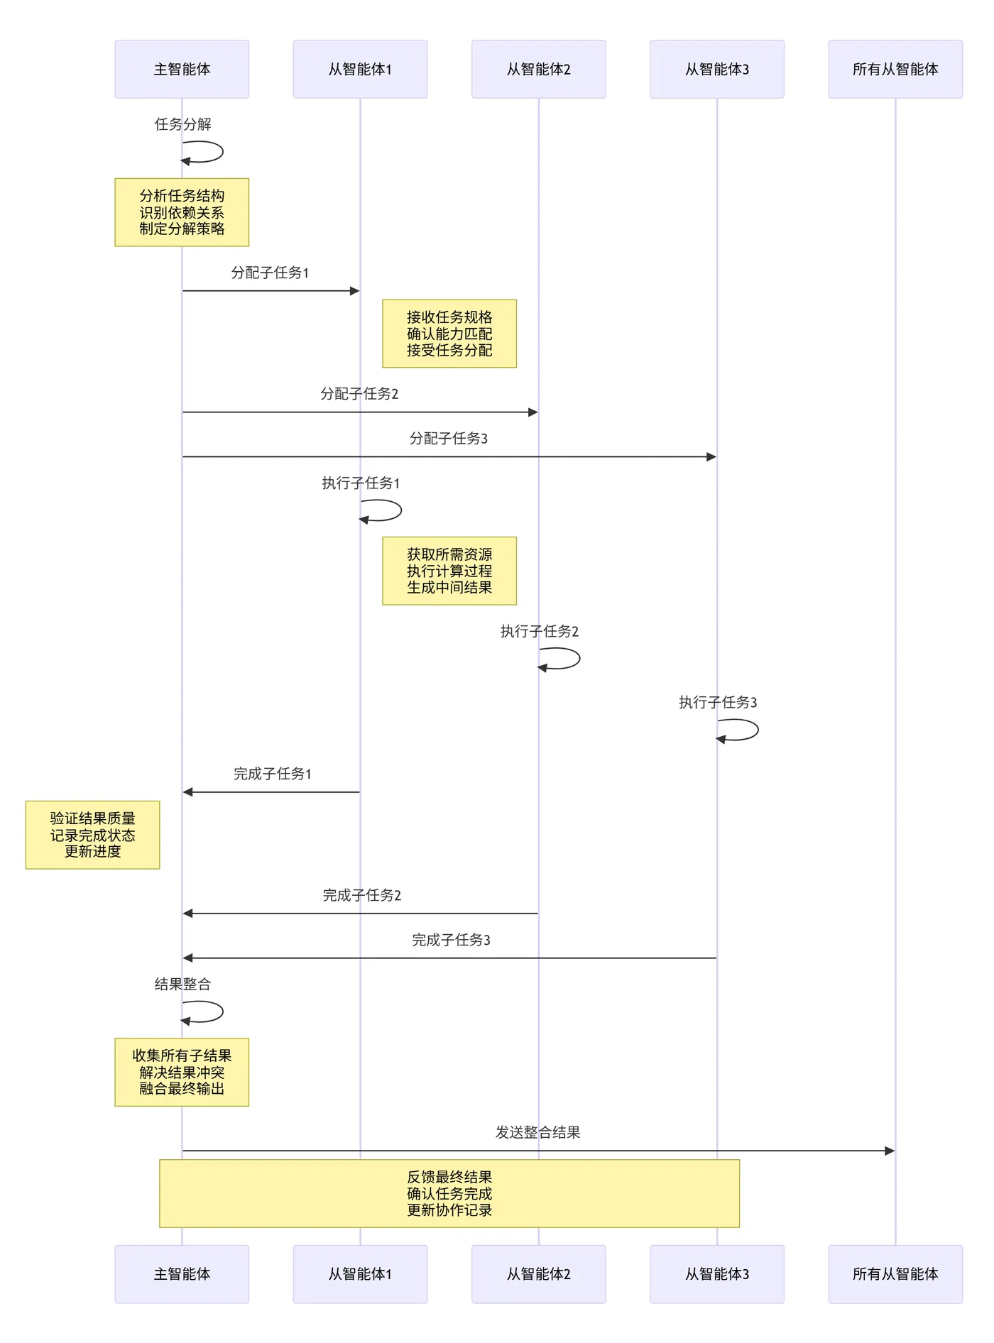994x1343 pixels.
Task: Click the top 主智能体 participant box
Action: (182, 69)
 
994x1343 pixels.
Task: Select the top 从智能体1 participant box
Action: (360, 69)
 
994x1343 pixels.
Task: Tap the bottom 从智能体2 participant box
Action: (538, 1273)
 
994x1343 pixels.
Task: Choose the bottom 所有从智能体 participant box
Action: (895, 1273)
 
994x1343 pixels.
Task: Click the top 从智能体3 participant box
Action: (716, 69)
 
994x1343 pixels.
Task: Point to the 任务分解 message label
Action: (182, 124)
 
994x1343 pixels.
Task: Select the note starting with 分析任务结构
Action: (182, 212)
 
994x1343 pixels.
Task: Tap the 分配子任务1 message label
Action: (270, 273)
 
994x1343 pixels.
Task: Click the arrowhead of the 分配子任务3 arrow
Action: (711, 457)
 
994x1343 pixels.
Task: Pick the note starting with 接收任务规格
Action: (449, 334)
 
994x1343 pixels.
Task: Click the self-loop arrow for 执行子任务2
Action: (569, 659)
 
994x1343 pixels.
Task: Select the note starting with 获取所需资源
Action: (449, 571)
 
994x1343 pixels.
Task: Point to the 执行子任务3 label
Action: (717, 702)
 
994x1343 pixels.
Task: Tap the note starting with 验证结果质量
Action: (92, 835)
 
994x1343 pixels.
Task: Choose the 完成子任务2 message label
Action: (361, 895)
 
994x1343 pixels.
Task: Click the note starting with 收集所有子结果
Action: (182, 1072)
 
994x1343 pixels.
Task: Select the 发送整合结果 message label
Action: (537, 1132)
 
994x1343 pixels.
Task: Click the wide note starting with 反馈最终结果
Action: (449, 1193)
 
